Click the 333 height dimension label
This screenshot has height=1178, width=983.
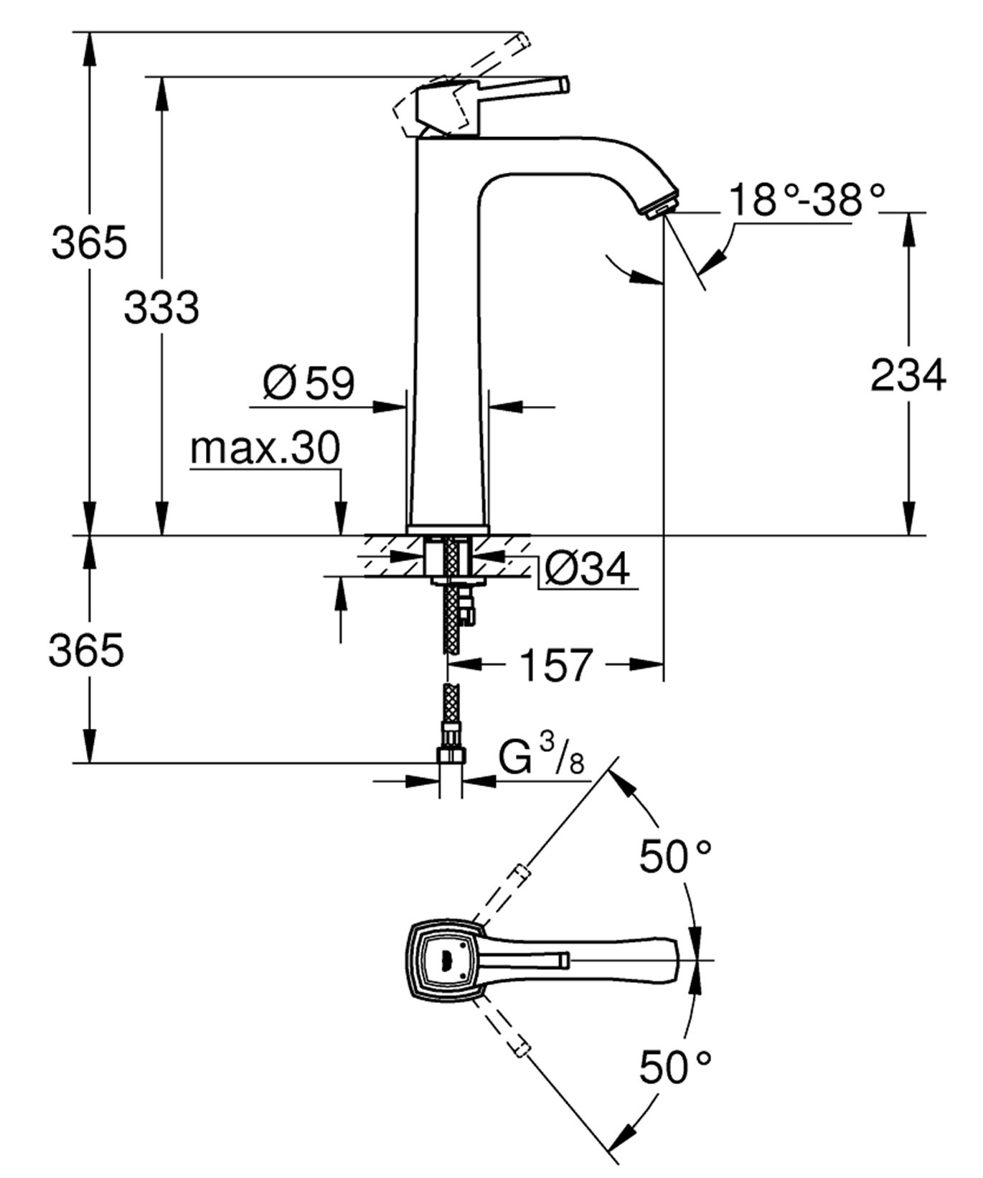pos(161,308)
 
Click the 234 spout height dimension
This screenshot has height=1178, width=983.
pos(908,375)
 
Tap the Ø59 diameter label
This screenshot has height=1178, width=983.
pos(309,383)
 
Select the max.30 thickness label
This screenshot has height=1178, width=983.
pos(265,449)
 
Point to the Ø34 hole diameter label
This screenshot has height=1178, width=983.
pos(587,569)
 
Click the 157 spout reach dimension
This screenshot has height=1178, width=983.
pos(556,664)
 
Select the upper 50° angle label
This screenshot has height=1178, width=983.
pos(674,855)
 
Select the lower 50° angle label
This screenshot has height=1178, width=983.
pos(674,1067)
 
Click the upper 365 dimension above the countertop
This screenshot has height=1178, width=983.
pos(88,242)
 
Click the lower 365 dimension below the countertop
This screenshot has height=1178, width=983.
pos(85,650)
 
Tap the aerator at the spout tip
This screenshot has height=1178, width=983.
pos(661,210)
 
